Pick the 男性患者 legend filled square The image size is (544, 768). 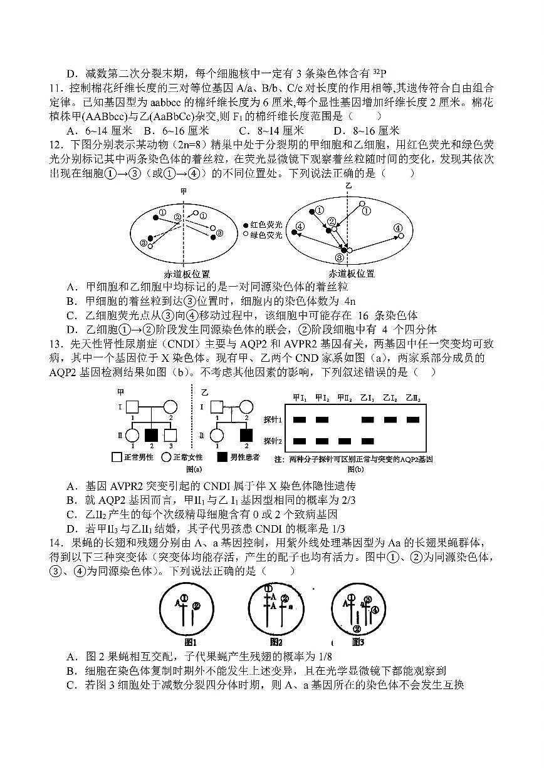[222, 457]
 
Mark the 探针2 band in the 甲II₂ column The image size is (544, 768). [345, 441]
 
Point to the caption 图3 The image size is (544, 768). [357, 641]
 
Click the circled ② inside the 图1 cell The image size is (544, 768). [196, 605]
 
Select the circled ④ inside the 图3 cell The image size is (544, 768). [375, 609]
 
